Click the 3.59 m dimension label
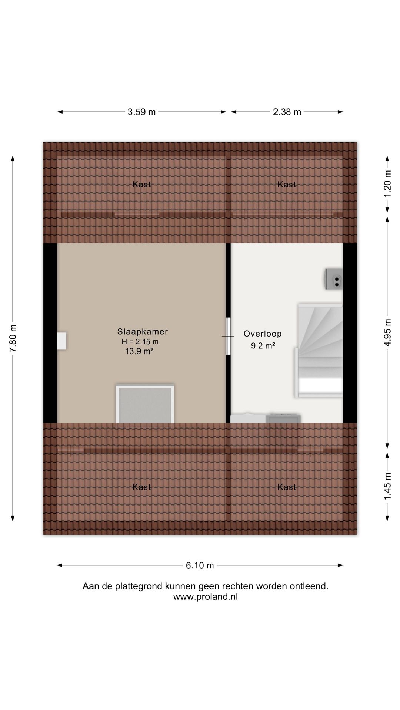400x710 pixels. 141,112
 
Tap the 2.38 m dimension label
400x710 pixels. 287,112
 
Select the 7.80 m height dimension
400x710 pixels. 13,338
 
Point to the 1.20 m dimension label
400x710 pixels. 387,184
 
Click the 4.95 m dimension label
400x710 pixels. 387,332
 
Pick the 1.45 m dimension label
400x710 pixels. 387,486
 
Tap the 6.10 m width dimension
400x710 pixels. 200,565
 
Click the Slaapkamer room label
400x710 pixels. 143,332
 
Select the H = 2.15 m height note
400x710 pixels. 140,342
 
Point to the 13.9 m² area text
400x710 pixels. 139,351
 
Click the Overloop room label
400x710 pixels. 263,334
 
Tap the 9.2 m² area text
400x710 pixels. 263,346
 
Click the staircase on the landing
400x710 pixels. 319,350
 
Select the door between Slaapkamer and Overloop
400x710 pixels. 228,336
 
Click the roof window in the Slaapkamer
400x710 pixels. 145,403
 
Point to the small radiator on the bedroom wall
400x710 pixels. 61,341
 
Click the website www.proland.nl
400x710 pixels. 206,596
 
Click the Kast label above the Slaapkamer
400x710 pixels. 142,184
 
